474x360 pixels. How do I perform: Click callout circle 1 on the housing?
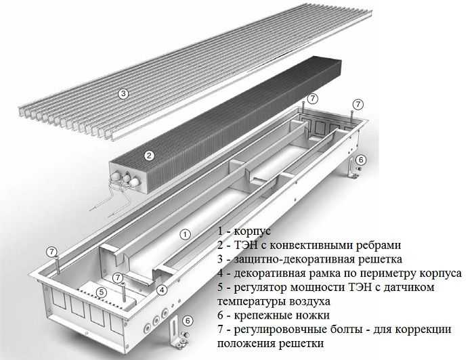point(184,235)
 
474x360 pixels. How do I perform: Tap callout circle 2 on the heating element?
point(148,155)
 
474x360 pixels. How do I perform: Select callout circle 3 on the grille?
point(123,94)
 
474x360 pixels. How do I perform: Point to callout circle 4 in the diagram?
point(162,290)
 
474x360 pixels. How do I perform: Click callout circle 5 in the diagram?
point(101,292)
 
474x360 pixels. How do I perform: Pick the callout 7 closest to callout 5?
point(118,277)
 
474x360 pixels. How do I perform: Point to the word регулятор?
point(263,288)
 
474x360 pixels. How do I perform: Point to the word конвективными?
point(305,245)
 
